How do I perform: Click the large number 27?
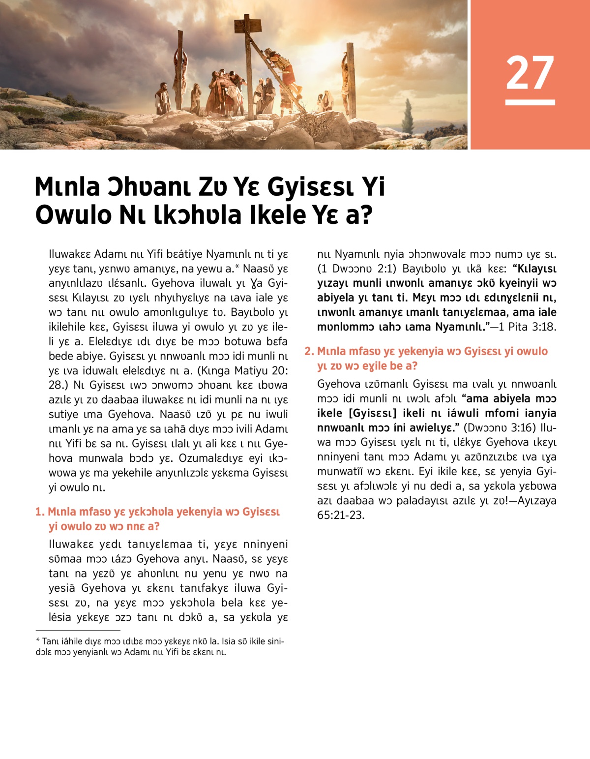[x=530, y=73]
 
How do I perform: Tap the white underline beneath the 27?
[x=530, y=102]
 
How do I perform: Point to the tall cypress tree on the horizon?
[x=408, y=116]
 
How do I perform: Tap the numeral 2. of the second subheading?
[x=309, y=351]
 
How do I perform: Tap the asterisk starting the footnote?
[x=37, y=641]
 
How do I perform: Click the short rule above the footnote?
[x=78, y=630]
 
